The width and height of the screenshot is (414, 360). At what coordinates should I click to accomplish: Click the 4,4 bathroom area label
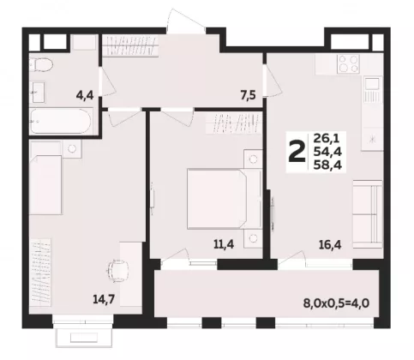click(x=85, y=95)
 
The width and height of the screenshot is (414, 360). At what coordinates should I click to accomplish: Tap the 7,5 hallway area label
click(x=248, y=95)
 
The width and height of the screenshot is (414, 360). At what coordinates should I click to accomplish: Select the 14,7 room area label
click(x=104, y=299)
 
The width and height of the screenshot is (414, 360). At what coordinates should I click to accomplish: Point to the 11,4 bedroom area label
click(x=224, y=244)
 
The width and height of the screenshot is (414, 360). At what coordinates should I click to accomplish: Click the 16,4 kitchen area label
click(x=330, y=245)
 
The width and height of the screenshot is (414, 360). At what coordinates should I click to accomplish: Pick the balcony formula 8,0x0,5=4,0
click(x=336, y=303)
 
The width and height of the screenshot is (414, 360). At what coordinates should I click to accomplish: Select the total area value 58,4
click(x=327, y=165)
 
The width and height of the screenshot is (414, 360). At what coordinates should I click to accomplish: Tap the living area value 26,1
click(x=327, y=139)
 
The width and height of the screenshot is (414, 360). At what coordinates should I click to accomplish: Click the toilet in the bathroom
click(x=41, y=64)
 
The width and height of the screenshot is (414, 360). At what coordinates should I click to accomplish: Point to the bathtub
click(x=61, y=121)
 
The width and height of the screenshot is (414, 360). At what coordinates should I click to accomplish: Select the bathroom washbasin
click(x=38, y=92)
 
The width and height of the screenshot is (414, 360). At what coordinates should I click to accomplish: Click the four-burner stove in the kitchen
click(x=348, y=64)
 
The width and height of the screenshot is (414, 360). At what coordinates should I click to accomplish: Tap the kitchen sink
click(x=373, y=83)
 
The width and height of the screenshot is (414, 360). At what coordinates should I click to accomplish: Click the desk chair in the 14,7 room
click(x=117, y=271)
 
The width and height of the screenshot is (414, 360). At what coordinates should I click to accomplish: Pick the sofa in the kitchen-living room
click(x=368, y=214)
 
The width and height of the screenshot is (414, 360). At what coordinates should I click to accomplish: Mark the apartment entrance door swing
click(x=186, y=20)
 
